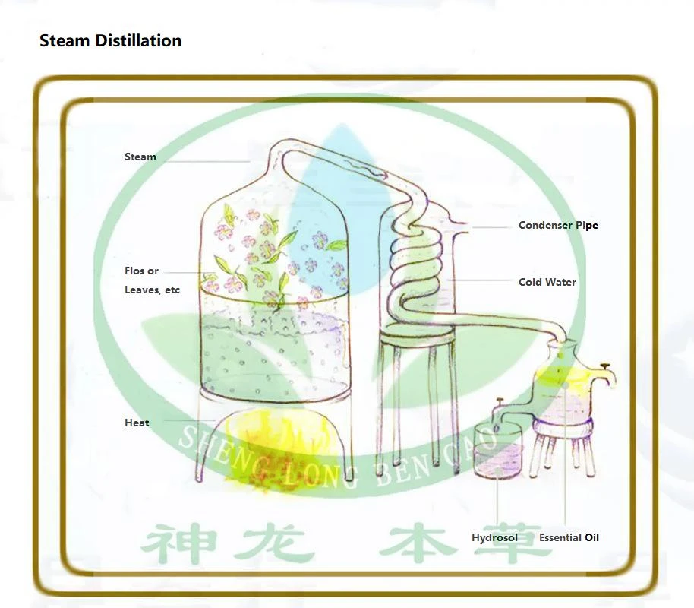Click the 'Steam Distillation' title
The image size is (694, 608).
point(111,40)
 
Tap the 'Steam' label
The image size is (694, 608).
point(140,157)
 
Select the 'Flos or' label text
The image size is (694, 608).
point(142,271)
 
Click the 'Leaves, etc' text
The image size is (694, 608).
point(153,290)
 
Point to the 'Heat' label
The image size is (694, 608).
point(137,423)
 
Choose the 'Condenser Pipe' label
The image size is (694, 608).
point(559,225)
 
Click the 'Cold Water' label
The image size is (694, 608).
point(547,282)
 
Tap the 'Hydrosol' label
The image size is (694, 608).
point(495,537)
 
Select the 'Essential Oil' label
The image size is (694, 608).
point(569,537)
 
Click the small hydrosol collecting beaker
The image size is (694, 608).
point(497,450)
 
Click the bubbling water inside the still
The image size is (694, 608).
point(274,350)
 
